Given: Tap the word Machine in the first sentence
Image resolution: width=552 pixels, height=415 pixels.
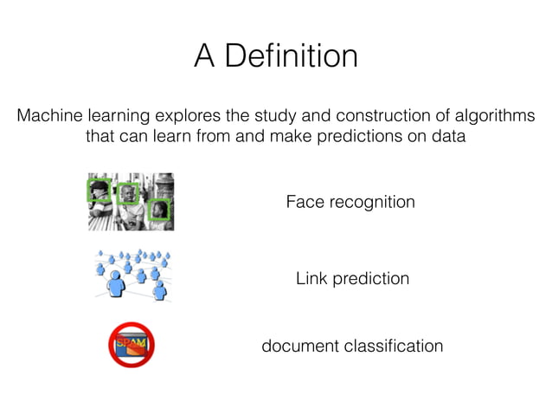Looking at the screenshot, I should tap(51, 116).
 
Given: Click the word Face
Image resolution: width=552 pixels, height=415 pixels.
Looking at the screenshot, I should tap(304, 202).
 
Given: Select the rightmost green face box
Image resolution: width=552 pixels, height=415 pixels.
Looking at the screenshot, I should tap(157, 209).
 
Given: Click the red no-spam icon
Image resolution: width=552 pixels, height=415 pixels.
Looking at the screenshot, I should tap(132, 345).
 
